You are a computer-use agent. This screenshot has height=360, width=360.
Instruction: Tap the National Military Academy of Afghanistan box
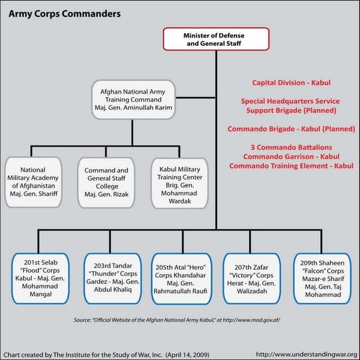(33, 182)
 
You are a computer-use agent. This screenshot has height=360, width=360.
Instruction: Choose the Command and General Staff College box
(106, 182)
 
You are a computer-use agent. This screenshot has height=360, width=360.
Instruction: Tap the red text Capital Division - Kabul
(291, 83)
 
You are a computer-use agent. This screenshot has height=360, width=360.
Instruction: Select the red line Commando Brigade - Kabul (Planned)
(291, 129)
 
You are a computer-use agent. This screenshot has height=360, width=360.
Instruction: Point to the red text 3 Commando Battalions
(291, 148)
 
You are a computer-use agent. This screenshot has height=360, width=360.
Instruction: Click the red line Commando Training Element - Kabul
(291, 166)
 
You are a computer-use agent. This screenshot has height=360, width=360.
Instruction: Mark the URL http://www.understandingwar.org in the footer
(306, 353)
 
